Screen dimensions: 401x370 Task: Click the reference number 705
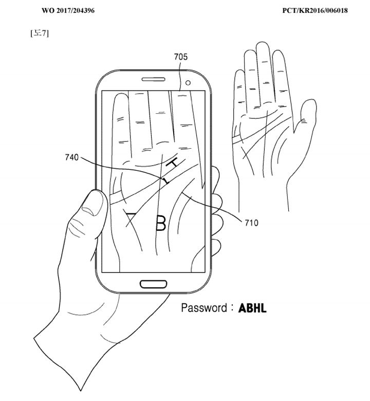[x=180, y=57]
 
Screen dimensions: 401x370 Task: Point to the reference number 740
[x=72, y=157]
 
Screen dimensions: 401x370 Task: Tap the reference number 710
[x=251, y=223]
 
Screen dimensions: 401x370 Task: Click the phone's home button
[x=154, y=284]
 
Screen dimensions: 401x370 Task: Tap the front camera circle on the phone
[x=188, y=83]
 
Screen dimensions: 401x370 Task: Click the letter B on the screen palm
[x=161, y=223]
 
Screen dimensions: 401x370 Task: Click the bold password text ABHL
[x=253, y=309]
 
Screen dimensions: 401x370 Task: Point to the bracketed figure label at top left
[x=40, y=34]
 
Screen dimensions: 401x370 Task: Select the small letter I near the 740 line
[x=165, y=181]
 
